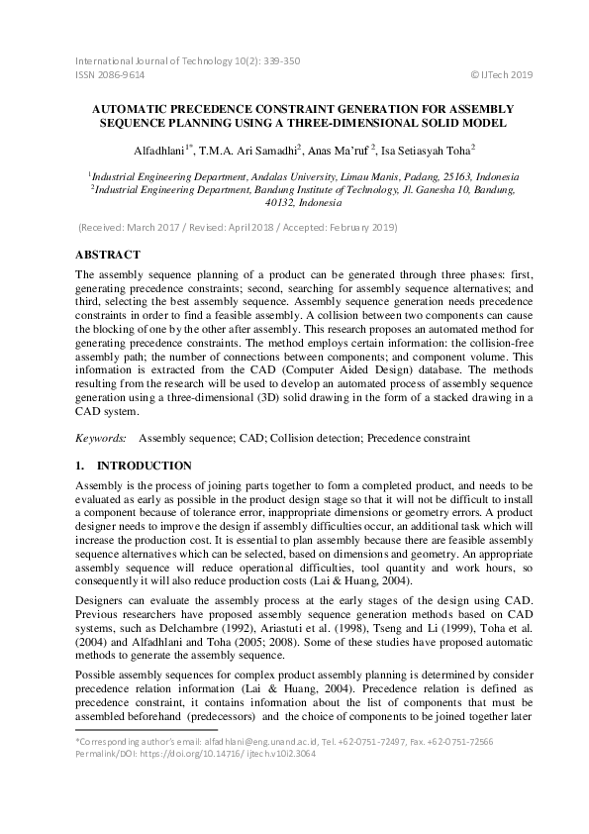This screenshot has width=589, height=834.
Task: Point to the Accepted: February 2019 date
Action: [354, 227]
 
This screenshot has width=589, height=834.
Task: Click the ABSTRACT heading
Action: [108, 254]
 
